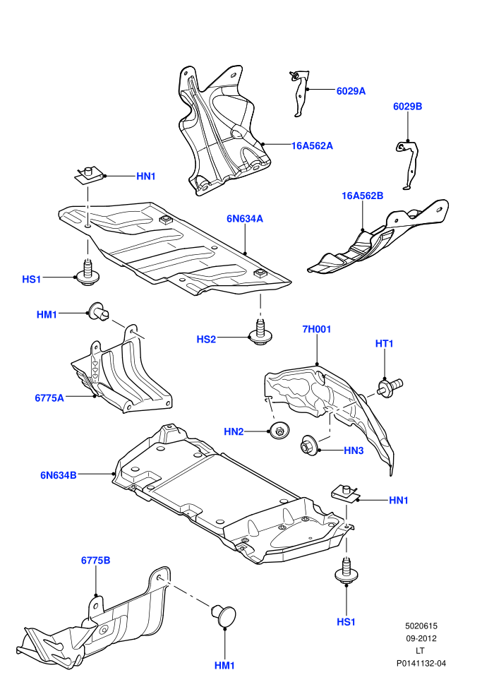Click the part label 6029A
click(351, 91)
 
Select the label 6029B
click(408, 107)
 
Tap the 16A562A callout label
click(312, 145)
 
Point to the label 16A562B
click(363, 196)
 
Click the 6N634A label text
click(245, 218)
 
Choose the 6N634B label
click(59, 475)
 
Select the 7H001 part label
click(317, 330)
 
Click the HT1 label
click(385, 344)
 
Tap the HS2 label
click(206, 339)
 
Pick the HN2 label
click(234, 431)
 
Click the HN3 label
click(354, 450)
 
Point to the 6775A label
click(49, 398)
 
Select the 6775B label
click(96, 561)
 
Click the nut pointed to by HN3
click(308, 445)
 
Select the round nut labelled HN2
click(279, 430)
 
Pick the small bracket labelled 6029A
click(299, 92)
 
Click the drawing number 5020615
click(421, 626)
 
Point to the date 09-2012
click(421, 638)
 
